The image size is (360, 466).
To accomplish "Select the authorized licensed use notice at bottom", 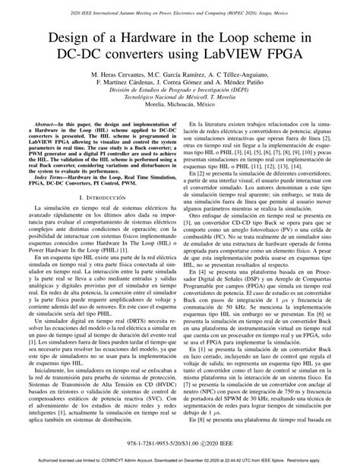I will [179, 461].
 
